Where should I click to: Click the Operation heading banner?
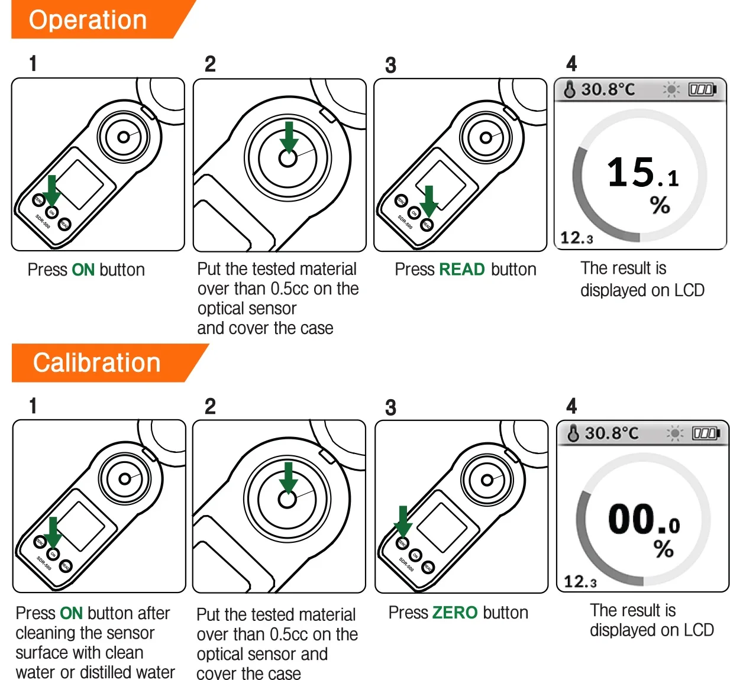pyautogui.click(x=89, y=20)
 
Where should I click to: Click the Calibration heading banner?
pyautogui.click(x=98, y=362)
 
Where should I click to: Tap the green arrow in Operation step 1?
pyautogui.click(x=52, y=190)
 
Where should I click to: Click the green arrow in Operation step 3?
pyautogui.click(x=429, y=200)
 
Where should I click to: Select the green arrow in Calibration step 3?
pyautogui.click(x=403, y=521)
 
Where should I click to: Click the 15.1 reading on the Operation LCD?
pyautogui.click(x=642, y=173)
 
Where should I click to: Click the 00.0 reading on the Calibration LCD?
pyautogui.click(x=644, y=520)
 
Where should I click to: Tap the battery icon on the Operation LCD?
pyautogui.click(x=702, y=90)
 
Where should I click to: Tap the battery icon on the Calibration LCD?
pyautogui.click(x=706, y=433)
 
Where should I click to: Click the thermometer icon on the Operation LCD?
pyautogui.click(x=570, y=90)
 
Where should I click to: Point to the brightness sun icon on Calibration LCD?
pyautogui.click(x=674, y=433)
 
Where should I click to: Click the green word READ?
pyautogui.click(x=462, y=270)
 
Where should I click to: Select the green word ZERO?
pyautogui.click(x=455, y=613)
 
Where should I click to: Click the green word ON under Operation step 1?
pyautogui.click(x=83, y=270)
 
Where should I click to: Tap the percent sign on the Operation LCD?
pyautogui.click(x=660, y=205)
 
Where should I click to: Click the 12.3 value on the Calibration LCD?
pyautogui.click(x=580, y=582)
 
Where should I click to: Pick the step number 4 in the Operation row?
pyautogui.click(x=571, y=63)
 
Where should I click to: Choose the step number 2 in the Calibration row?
pyautogui.click(x=210, y=407)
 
